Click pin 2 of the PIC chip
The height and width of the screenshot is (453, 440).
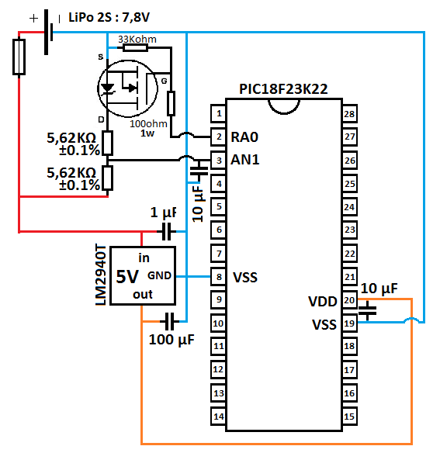pos(218,137)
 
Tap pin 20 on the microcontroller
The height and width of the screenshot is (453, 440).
pos(349,300)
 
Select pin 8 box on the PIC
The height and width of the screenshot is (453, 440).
pos(218,277)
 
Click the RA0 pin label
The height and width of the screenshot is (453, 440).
pos(244,137)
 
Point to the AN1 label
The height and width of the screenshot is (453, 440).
pos(245,160)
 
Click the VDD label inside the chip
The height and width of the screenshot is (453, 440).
pos(323,301)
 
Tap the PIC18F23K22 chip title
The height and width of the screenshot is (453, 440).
pos(283,89)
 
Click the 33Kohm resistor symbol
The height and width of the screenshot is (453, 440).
pos(135,47)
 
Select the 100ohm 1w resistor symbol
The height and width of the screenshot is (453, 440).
pos(171,103)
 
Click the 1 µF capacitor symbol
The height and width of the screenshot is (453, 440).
pos(167,231)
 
